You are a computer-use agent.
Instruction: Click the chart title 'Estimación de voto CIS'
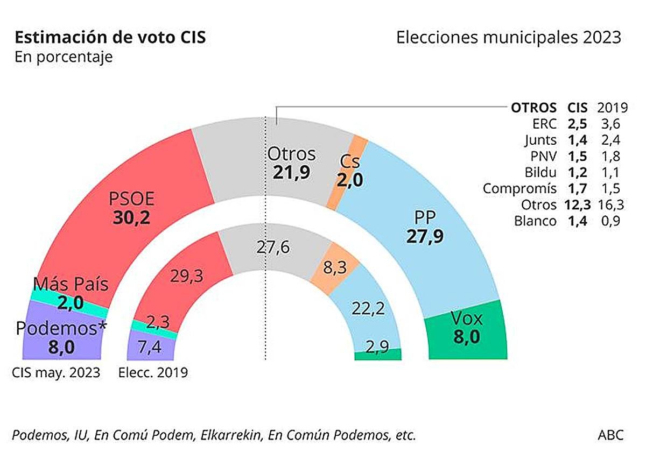(x=110, y=38)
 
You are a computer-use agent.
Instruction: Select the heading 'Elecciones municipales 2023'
(x=509, y=38)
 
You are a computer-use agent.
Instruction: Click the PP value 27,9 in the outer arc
(x=425, y=236)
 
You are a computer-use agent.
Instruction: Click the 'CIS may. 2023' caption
(x=56, y=373)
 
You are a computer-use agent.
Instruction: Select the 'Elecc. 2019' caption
(x=153, y=373)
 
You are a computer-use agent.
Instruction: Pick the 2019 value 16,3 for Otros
(x=609, y=204)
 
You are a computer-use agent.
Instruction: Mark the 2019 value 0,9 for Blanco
(x=609, y=221)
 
